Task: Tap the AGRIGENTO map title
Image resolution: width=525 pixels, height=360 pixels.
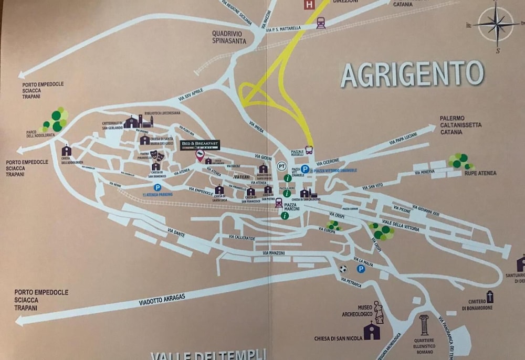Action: pos(412,74)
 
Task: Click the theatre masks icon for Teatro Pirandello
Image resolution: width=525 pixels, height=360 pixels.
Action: pos(155,155)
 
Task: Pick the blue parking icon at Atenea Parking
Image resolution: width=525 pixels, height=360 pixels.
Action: pos(156,187)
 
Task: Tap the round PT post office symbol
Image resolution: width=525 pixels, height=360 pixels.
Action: pos(282,165)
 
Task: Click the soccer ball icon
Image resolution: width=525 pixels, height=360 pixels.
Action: pos(343,269)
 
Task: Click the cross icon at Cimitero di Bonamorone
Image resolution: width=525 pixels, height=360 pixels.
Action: pos(489,297)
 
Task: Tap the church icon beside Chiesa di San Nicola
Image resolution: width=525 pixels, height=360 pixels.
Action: pos(372,331)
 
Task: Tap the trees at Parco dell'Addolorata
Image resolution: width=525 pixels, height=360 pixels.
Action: pos(57,120)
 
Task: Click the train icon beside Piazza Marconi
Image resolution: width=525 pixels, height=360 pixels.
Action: pos(279,202)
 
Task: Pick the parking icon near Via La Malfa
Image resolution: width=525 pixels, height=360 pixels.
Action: pos(361,269)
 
